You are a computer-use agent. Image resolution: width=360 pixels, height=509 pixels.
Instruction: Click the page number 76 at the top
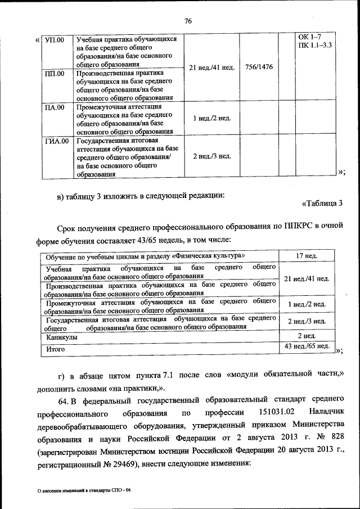pyautogui.click(x=188, y=21)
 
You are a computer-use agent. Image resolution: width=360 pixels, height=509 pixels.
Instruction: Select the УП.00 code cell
pyautogui.click(x=55, y=40)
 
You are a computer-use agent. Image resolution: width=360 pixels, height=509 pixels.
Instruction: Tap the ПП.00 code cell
pyautogui.click(x=55, y=74)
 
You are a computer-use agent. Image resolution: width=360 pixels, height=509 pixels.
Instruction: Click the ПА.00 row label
pyautogui.click(x=55, y=107)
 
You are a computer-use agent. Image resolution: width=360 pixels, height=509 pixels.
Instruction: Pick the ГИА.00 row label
pyautogui.click(x=56, y=141)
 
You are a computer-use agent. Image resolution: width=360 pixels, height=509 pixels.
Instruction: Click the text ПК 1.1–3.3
pyautogui.click(x=316, y=45)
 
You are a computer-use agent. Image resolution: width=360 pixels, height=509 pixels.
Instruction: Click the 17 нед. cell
pyautogui.click(x=307, y=256)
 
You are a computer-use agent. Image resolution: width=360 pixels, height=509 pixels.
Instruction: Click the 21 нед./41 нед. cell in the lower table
pyautogui.click(x=307, y=279)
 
